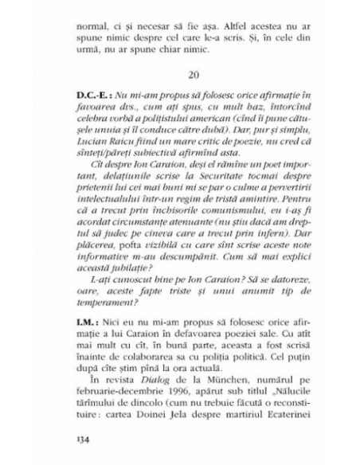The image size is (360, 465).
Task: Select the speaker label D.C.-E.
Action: click(110, 94)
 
